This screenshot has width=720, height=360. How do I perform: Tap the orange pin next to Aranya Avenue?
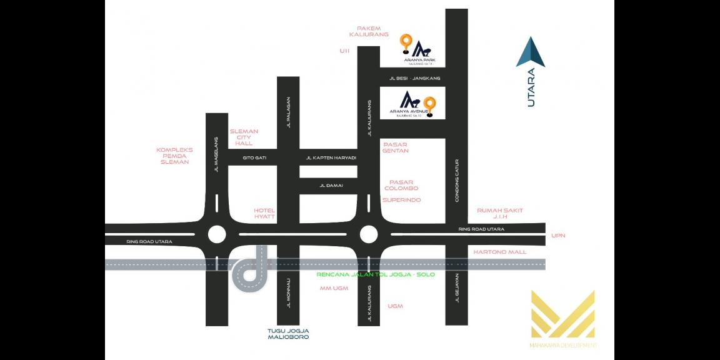click(429, 105)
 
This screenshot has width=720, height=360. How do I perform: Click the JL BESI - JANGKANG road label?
click(415, 78)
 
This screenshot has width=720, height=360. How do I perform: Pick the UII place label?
click(344, 51)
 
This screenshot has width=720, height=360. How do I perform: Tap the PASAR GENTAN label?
click(396, 147)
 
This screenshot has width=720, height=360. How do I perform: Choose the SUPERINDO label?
click(401, 200)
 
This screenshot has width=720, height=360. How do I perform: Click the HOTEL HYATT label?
click(264, 213)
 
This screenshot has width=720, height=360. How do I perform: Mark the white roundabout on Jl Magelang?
click(216, 234)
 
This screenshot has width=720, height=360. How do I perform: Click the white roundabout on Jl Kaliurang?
click(369, 234)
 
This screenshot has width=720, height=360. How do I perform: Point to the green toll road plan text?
click(375, 274)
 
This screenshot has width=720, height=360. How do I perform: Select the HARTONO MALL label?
click(500, 252)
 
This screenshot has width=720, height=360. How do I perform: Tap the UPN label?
click(558, 236)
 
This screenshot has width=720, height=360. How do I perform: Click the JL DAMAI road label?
click(331, 186)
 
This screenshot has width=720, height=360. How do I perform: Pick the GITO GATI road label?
click(254, 157)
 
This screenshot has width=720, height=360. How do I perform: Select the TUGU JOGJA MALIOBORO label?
click(288, 334)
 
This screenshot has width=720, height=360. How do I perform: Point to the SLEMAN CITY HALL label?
click(244, 137)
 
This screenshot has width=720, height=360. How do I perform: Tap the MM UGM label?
click(334, 288)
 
